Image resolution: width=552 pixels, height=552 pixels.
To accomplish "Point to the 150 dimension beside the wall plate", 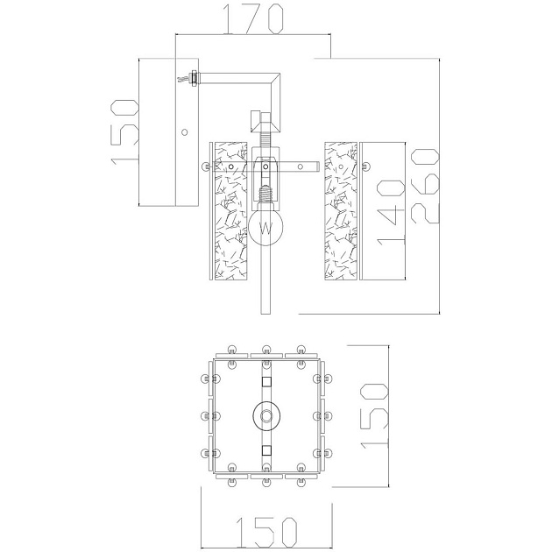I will pos(125,131).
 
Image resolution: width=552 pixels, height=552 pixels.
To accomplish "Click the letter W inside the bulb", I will pos(266,230).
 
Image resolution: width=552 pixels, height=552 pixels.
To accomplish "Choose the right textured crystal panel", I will pos(341,210).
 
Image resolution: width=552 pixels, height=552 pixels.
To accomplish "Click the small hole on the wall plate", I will pos(184,132).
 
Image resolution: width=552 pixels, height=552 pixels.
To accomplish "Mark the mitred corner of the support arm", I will pos(279,81).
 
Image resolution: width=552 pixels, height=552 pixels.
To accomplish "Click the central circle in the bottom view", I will pos(266,414).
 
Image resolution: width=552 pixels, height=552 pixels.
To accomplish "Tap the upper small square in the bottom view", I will pos(266,381).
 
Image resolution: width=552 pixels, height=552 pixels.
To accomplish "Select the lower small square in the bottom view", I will pos(266,449).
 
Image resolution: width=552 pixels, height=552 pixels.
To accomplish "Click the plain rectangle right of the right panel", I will pos(381,210).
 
